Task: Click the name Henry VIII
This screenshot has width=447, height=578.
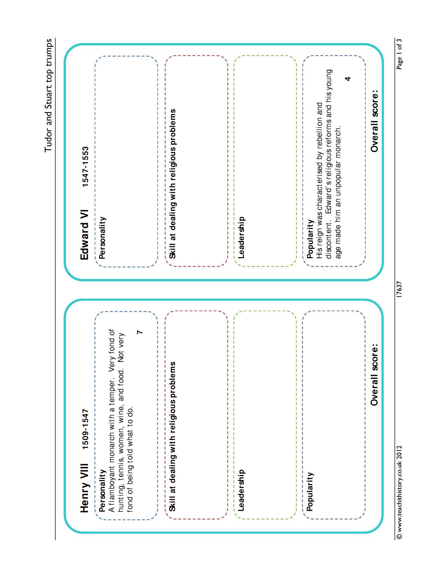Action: click(84, 488)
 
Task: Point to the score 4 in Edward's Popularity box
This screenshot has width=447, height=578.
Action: click(347, 79)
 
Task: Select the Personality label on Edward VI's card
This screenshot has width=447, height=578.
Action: click(102, 238)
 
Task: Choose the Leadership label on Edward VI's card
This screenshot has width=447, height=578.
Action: click(241, 238)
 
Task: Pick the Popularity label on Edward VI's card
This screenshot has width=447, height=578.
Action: click(310, 239)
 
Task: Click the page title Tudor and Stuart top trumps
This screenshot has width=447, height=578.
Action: click(48, 96)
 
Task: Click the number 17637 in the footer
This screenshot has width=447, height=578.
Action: click(399, 289)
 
